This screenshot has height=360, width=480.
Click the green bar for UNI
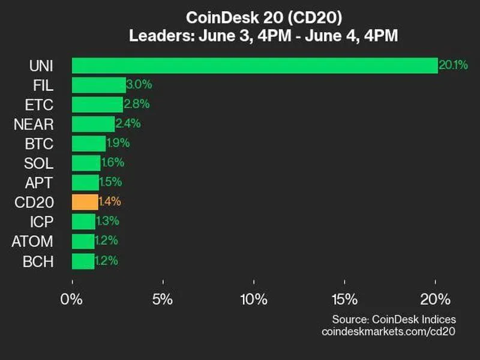(x=254, y=65)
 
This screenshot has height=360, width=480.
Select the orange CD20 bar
(x=85, y=202)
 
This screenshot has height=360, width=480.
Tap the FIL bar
(x=98, y=85)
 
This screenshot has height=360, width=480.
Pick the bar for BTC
(x=89, y=143)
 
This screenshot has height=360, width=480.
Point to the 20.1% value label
(x=452, y=65)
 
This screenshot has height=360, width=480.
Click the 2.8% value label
(x=136, y=104)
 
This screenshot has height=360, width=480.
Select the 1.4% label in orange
(x=111, y=202)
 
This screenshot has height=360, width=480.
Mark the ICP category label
(x=41, y=221)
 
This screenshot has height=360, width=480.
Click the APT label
(x=40, y=182)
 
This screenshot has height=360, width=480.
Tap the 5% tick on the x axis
(x=163, y=298)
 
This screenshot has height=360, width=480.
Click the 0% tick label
(x=73, y=298)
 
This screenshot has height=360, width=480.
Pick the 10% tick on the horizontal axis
(x=253, y=298)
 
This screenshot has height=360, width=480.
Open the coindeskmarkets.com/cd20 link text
(x=389, y=332)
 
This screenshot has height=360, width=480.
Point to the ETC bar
(x=97, y=104)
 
